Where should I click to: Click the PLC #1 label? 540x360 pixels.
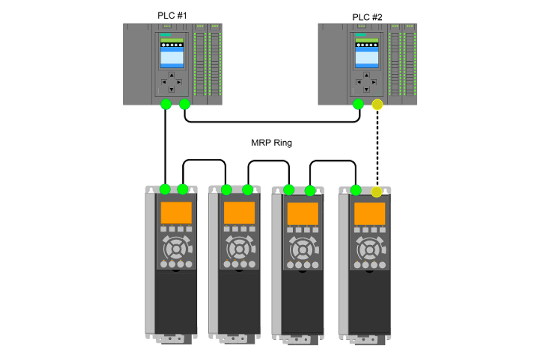click(x=172, y=16)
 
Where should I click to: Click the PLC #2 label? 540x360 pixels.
click(x=367, y=17)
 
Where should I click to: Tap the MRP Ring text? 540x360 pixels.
click(x=271, y=143)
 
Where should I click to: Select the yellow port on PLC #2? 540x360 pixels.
click(x=377, y=104)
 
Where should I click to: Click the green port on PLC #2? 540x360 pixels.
click(x=358, y=104)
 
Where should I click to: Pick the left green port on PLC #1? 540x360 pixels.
click(x=165, y=104)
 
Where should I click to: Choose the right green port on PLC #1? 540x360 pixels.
click(x=185, y=104)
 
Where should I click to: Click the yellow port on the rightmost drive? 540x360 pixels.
click(x=376, y=192)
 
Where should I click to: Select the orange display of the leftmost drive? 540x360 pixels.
click(x=176, y=213)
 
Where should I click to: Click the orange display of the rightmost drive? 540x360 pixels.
click(x=370, y=213)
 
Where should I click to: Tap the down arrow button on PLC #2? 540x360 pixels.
click(x=366, y=90)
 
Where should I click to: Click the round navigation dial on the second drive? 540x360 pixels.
click(x=239, y=249)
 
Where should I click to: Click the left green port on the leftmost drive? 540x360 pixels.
click(x=165, y=189)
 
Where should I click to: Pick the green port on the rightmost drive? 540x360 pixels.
click(x=356, y=190)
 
